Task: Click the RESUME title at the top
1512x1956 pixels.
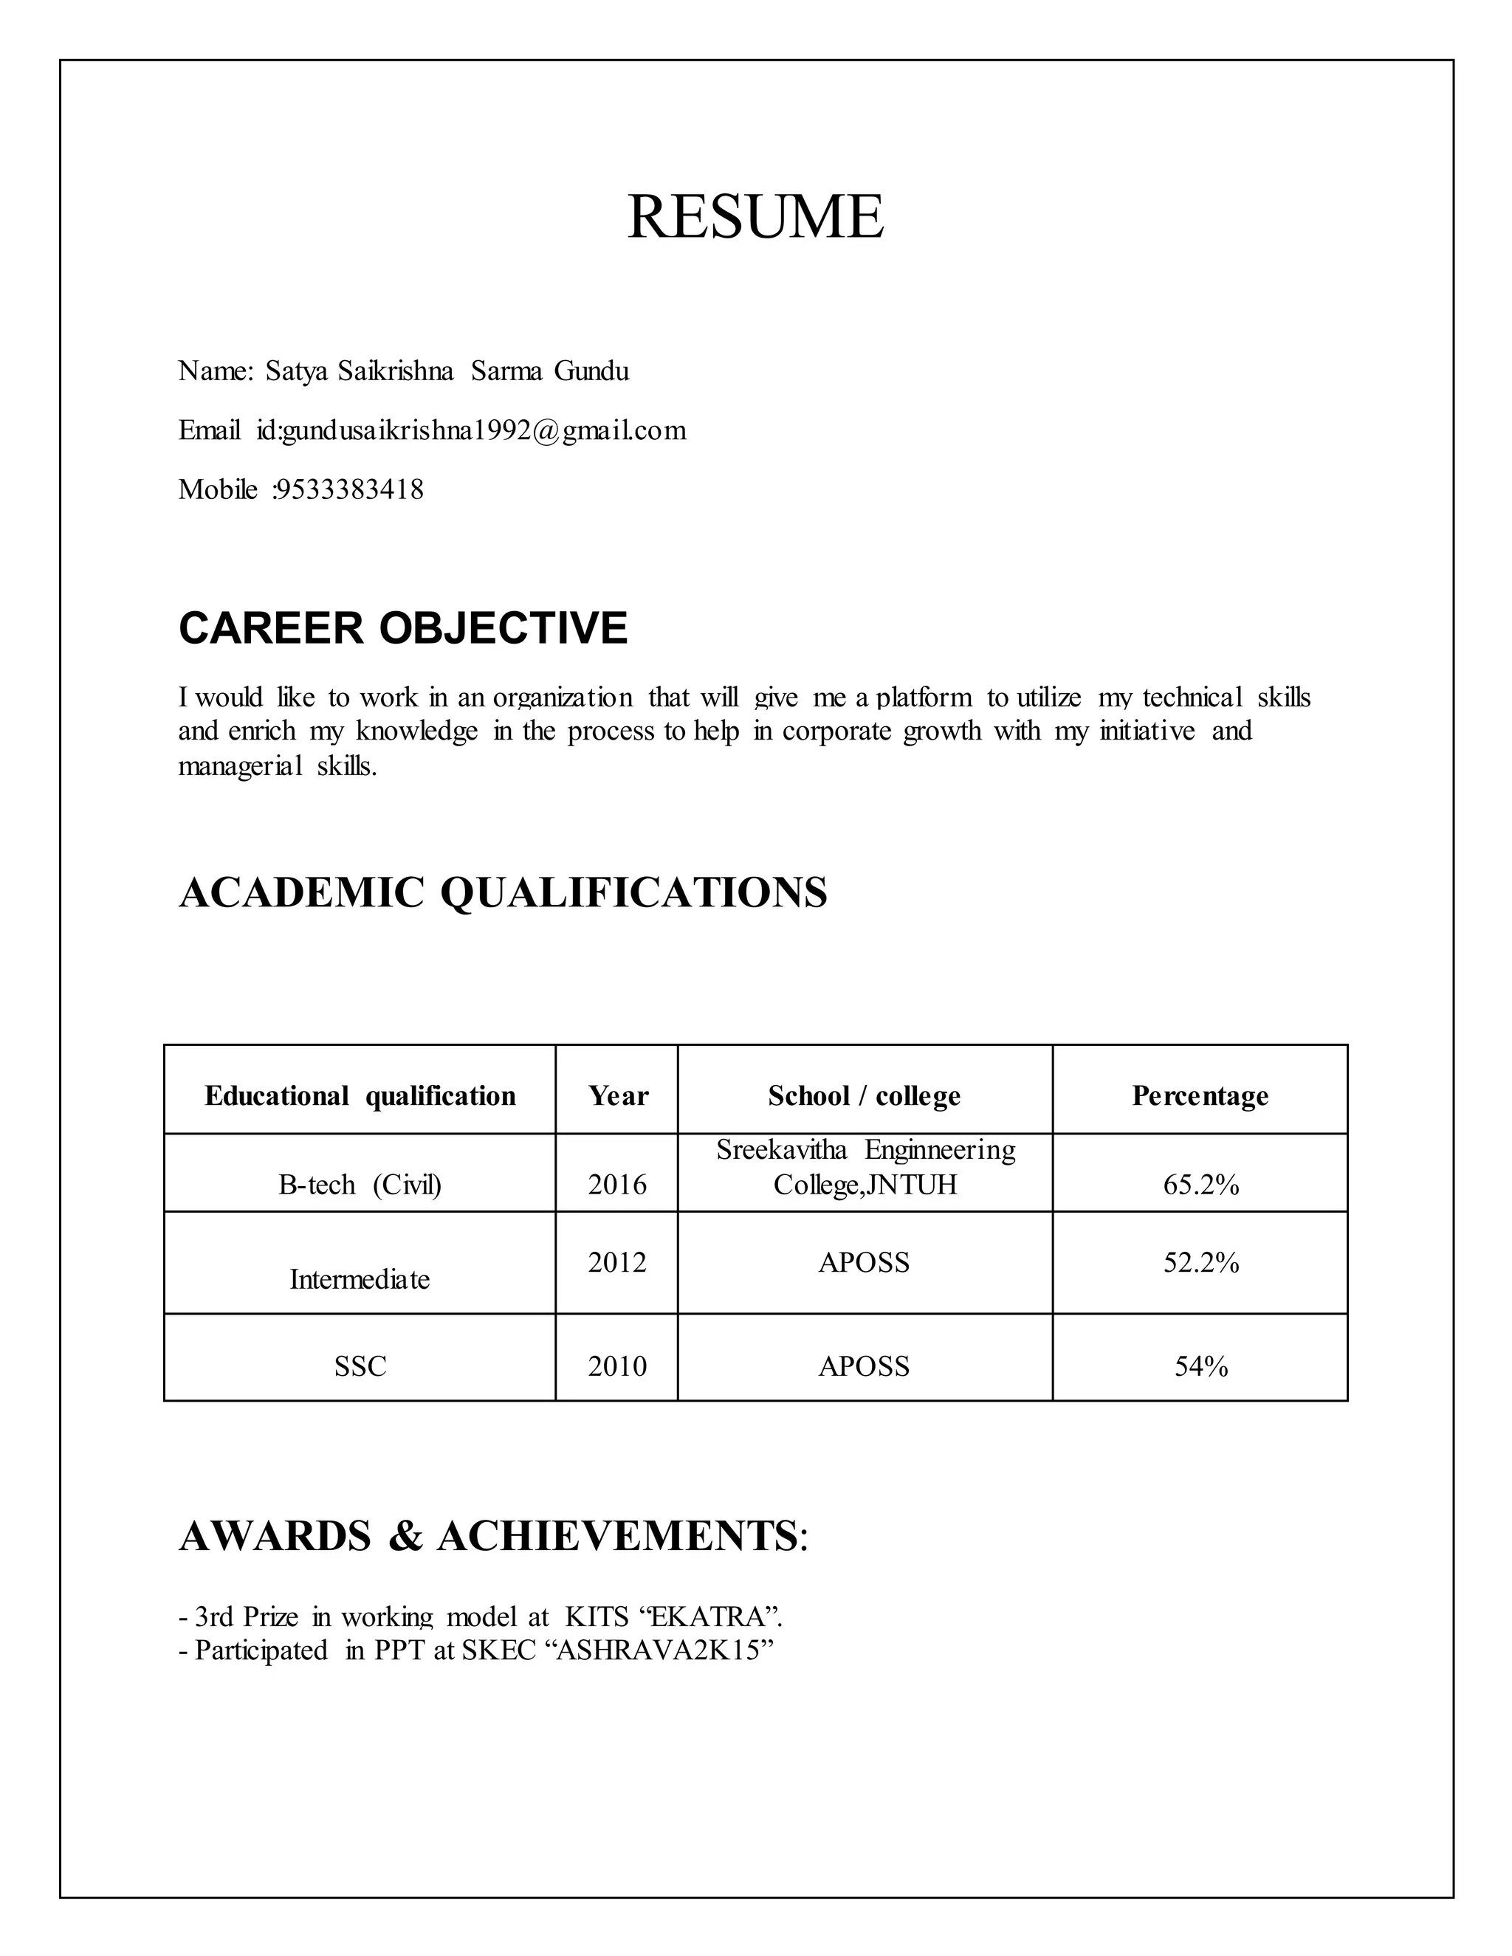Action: click(755, 217)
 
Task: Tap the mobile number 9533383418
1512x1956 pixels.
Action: click(349, 490)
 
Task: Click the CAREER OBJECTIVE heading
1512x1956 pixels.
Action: click(403, 628)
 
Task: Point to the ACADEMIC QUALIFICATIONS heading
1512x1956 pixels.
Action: click(503, 892)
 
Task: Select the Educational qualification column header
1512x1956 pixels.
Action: click(360, 1095)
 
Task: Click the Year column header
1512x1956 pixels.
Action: click(617, 1095)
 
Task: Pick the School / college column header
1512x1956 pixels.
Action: click(865, 1095)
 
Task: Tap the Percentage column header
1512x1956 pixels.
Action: click(1200, 1095)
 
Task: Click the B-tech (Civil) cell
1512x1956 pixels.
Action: click(360, 1185)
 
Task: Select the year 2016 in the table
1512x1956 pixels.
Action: click(617, 1185)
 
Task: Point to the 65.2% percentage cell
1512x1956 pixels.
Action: click(1200, 1185)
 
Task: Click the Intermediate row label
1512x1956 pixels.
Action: click(360, 1279)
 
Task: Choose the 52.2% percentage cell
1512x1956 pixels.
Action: click(1200, 1262)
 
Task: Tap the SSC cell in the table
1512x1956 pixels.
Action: click(360, 1366)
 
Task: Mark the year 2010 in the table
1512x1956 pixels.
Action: click(617, 1366)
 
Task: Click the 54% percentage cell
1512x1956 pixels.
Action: click(1200, 1366)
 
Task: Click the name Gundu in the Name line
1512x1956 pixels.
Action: click(591, 371)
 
